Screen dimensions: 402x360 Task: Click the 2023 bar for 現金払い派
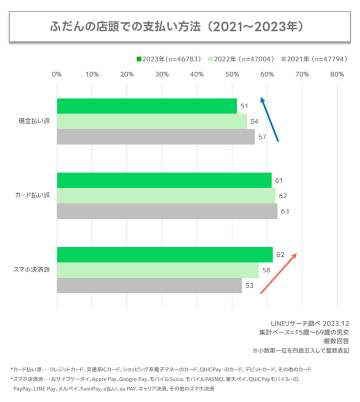click(146, 106)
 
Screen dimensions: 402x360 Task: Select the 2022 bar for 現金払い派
click(151, 122)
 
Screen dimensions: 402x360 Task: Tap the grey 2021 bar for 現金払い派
click(155, 137)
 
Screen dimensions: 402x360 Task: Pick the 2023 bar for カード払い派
click(164, 180)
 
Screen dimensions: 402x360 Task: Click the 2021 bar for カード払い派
click(167, 211)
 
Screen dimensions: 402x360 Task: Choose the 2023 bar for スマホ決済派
click(164, 254)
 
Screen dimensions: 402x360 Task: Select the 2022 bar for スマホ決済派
click(157, 270)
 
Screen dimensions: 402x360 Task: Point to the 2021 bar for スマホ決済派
click(149, 285)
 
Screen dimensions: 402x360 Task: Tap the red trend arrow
click(279, 273)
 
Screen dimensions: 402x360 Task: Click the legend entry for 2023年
click(168, 59)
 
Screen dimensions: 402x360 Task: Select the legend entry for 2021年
click(314, 59)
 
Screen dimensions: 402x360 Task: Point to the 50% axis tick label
click(231, 75)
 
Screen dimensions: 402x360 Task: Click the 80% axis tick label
click(336, 75)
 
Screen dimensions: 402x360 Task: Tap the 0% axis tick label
click(56, 75)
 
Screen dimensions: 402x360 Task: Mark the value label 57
click(263, 137)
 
